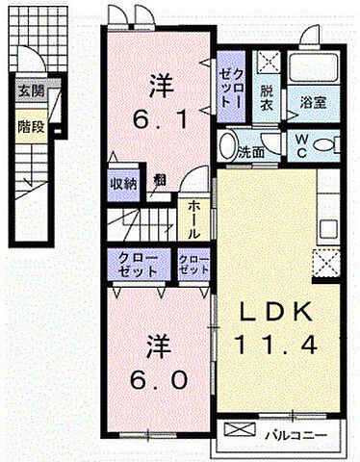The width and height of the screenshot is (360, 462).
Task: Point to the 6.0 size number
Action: [x=158, y=378]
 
